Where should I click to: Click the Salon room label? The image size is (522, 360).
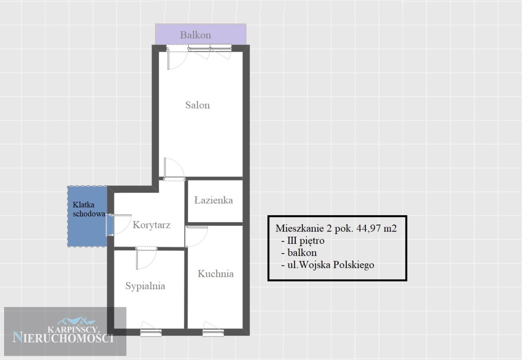point(198,105)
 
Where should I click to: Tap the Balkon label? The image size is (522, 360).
point(195,35)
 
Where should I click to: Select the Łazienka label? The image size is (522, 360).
point(213,200)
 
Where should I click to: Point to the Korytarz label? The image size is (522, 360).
point(151,225)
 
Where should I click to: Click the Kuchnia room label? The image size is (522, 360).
point(216,274)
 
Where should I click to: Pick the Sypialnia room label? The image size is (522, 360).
point(145,286)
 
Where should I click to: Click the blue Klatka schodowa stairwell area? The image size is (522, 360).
point(87,216)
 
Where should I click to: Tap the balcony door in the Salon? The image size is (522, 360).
point(177,58)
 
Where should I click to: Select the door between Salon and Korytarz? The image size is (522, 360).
point(174,169)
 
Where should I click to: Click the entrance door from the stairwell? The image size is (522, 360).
point(119,224)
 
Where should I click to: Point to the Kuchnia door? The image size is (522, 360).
point(196,236)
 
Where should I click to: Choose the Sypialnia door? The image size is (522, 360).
point(146,258)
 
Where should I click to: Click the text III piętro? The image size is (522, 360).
point(306,241)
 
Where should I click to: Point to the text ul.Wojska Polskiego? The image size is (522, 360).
point(331,265)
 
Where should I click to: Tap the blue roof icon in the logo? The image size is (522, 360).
point(76,321)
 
